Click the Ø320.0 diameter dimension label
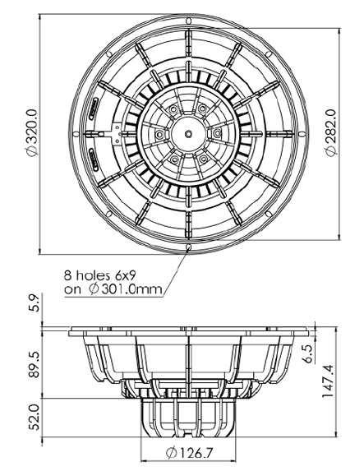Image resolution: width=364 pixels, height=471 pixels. [x=31, y=133]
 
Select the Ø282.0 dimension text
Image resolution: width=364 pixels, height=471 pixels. [x=330, y=133]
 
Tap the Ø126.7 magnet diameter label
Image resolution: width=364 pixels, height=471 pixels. [x=189, y=452]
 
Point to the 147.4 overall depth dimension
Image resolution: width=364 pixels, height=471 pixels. [x=328, y=381]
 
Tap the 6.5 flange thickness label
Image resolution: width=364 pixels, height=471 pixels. [x=310, y=353]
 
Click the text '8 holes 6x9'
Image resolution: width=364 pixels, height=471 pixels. [x=102, y=275]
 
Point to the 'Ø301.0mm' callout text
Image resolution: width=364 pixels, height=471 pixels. [x=126, y=289]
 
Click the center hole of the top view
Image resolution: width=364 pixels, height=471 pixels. [x=188, y=134]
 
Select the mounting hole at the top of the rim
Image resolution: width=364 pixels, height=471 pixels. [x=188, y=21]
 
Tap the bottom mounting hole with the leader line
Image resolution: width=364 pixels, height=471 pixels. [x=188, y=247]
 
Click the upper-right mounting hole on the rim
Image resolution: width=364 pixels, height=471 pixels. [x=269, y=54]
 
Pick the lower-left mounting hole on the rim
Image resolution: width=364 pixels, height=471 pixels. [x=108, y=215]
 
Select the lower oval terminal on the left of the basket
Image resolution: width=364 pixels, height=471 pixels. [x=94, y=159]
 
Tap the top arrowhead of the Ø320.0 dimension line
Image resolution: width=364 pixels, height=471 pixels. [x=39, y=17]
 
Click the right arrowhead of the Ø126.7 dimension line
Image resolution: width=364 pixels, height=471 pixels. [x=233, y=459]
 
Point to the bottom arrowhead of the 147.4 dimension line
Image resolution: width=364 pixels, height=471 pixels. [x=336, y=433]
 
